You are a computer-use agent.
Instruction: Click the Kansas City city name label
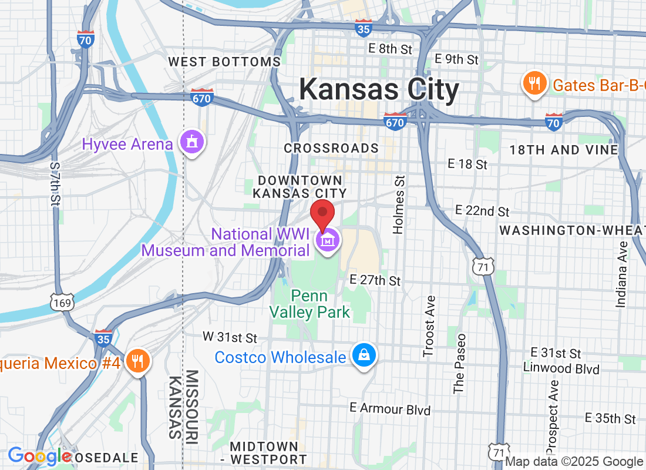(x=379, y=90)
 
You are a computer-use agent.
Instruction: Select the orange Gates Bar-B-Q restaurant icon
(x=534, y=84)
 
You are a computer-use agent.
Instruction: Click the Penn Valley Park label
(x=311, y=304)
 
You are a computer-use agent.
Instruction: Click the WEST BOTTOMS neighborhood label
(x=224, y=62)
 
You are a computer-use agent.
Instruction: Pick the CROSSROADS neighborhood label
(x=331, y=149)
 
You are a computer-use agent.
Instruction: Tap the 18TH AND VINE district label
(x=563, y=150)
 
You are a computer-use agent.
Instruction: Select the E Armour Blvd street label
(x=390, y=409)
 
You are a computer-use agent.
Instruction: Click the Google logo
(x=40, y=455)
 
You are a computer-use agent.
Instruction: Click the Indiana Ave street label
(x=622, y=274)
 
